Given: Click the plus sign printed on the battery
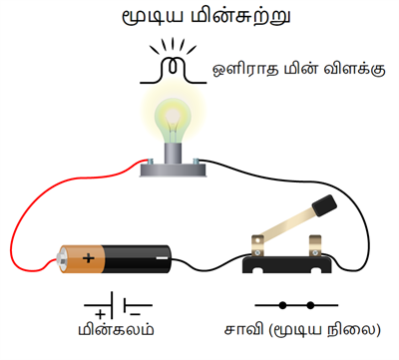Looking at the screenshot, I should [x=89, y=259].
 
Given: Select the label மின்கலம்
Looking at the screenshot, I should [x=118, y=332].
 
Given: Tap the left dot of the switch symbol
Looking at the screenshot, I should [x=281, y=305].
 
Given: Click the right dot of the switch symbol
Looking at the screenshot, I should [x=311, y=305].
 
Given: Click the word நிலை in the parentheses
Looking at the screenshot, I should [x=352, y=331].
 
